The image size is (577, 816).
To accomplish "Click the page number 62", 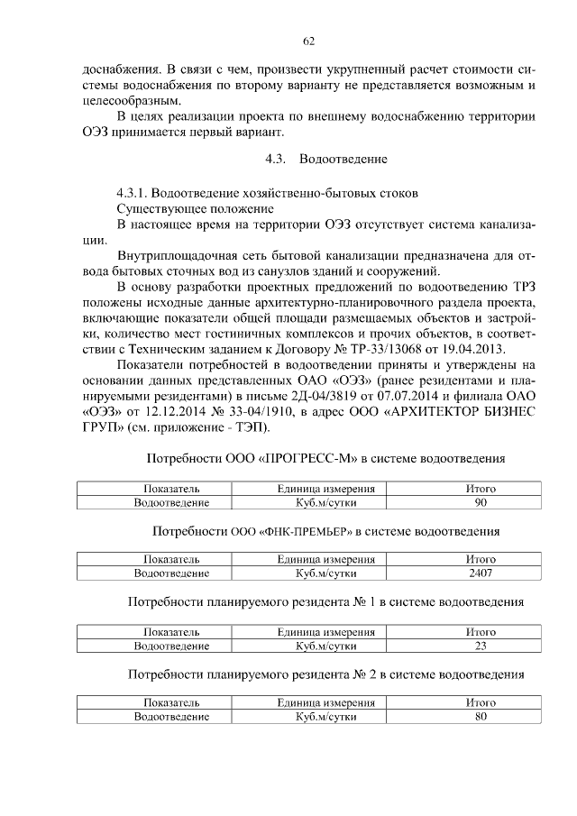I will pos(307,41).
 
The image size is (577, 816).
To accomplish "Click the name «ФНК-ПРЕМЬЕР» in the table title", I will pos(307,531).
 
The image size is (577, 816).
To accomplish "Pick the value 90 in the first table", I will pos(481,501).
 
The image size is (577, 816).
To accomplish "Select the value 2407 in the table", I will pos(481,573).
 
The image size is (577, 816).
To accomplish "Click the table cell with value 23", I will pos(481,645).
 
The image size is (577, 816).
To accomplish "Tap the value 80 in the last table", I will pos(481,717).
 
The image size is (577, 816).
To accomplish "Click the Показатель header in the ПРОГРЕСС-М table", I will pos(171,488).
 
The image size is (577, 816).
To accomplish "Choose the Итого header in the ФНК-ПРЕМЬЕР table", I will pos(481,559).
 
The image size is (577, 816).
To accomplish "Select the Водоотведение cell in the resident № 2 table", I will pos(171,717).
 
